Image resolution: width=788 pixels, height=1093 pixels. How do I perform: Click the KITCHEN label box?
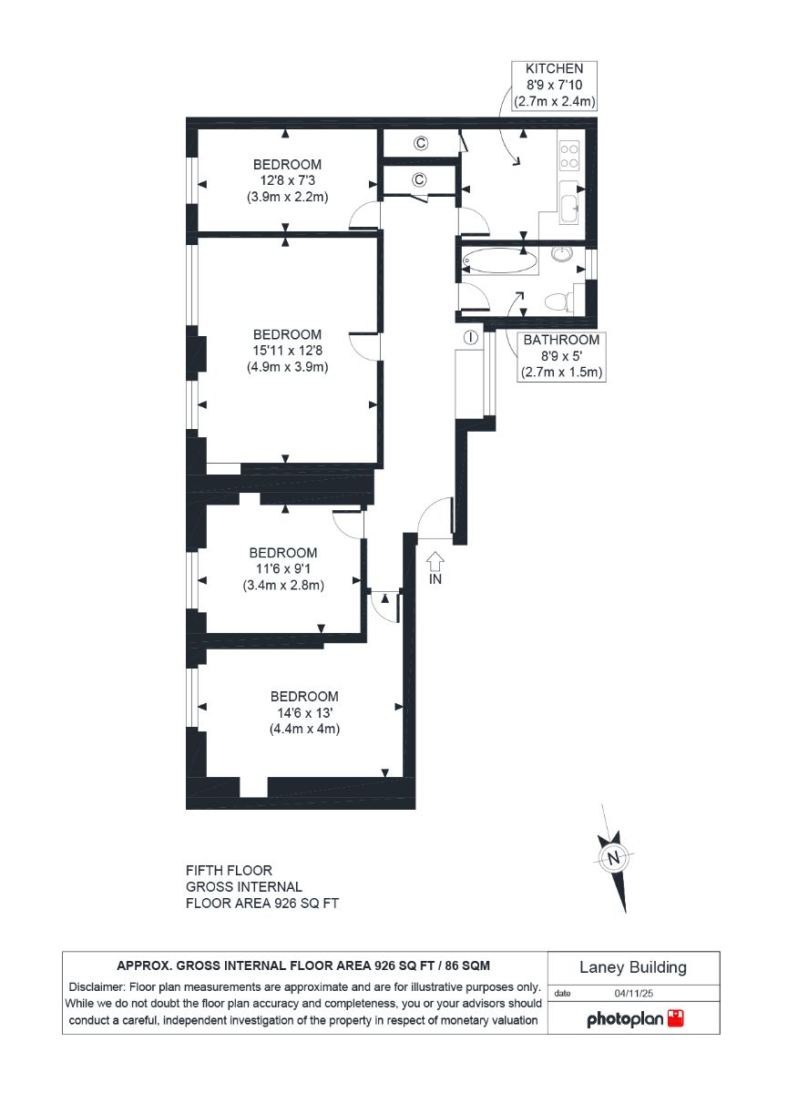[x=554, y=85]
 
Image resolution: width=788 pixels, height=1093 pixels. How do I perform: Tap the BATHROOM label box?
[x=561, y=356]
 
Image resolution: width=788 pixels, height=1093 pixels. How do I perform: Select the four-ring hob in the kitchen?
[x=569, y=156]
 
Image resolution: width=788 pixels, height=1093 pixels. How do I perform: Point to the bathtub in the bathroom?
[x=499, y=260]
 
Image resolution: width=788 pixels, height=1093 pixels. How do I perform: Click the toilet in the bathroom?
[x=559, y=301]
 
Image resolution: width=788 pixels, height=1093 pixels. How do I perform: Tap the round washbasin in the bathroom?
[x=564, y=254]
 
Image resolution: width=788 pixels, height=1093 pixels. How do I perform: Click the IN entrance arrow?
[x=435, y=562]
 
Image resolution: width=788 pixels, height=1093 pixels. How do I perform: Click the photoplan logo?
[x=635, y=1019]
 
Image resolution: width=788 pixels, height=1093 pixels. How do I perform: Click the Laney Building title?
[x=633, y=967]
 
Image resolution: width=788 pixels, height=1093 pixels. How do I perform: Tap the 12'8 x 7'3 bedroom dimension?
[x=287, y=180]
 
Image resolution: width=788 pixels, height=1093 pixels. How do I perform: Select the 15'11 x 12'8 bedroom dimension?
[x=287, y=351]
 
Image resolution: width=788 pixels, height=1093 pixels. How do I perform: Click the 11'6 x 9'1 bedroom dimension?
[x=283, y=568]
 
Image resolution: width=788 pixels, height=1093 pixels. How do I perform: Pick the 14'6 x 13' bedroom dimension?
[x=304, y=713]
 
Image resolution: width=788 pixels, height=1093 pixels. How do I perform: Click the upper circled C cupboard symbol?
[x=421, y=143]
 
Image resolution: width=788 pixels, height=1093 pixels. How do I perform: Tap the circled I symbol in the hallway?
[x=470, y=337]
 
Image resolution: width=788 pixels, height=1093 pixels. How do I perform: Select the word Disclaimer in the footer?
[x=97, y=987]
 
